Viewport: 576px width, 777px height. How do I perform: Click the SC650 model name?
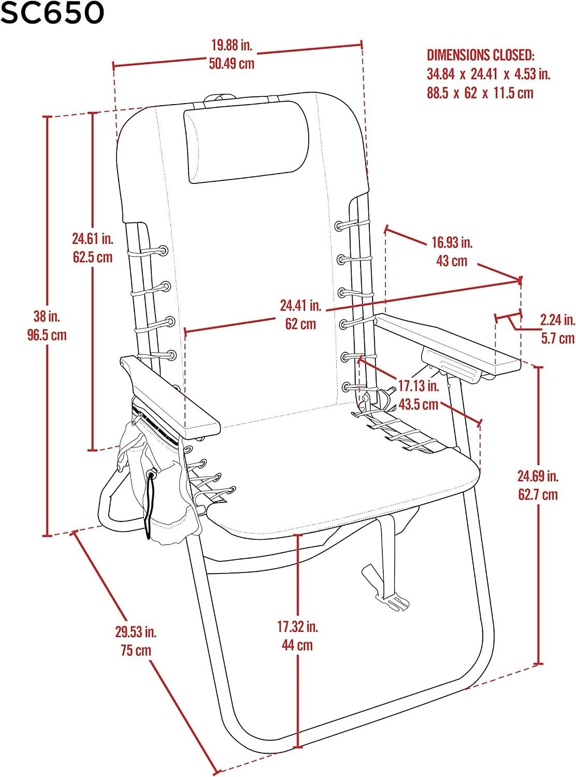tap(52, 12)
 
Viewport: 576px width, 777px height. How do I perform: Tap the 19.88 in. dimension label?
tap(232, 45)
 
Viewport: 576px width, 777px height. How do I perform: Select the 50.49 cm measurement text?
tap(232, 63)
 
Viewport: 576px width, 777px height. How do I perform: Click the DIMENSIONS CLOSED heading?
tap(480, 55)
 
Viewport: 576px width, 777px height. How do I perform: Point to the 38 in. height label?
tap(47, 316)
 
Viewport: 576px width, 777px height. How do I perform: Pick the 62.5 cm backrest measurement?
tap(93, 257)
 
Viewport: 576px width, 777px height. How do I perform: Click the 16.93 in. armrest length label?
tap(452, 242)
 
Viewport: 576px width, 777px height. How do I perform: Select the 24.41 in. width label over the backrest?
tap(300, 306)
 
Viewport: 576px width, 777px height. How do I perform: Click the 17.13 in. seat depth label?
tap(419, 386)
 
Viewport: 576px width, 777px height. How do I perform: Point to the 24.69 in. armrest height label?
tap(538, 476)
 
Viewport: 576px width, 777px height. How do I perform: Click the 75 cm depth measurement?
tap(136, 651)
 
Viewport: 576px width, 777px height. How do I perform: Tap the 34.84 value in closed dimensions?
tap(440, 74)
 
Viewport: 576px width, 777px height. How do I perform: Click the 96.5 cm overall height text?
tap(47, 335)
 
